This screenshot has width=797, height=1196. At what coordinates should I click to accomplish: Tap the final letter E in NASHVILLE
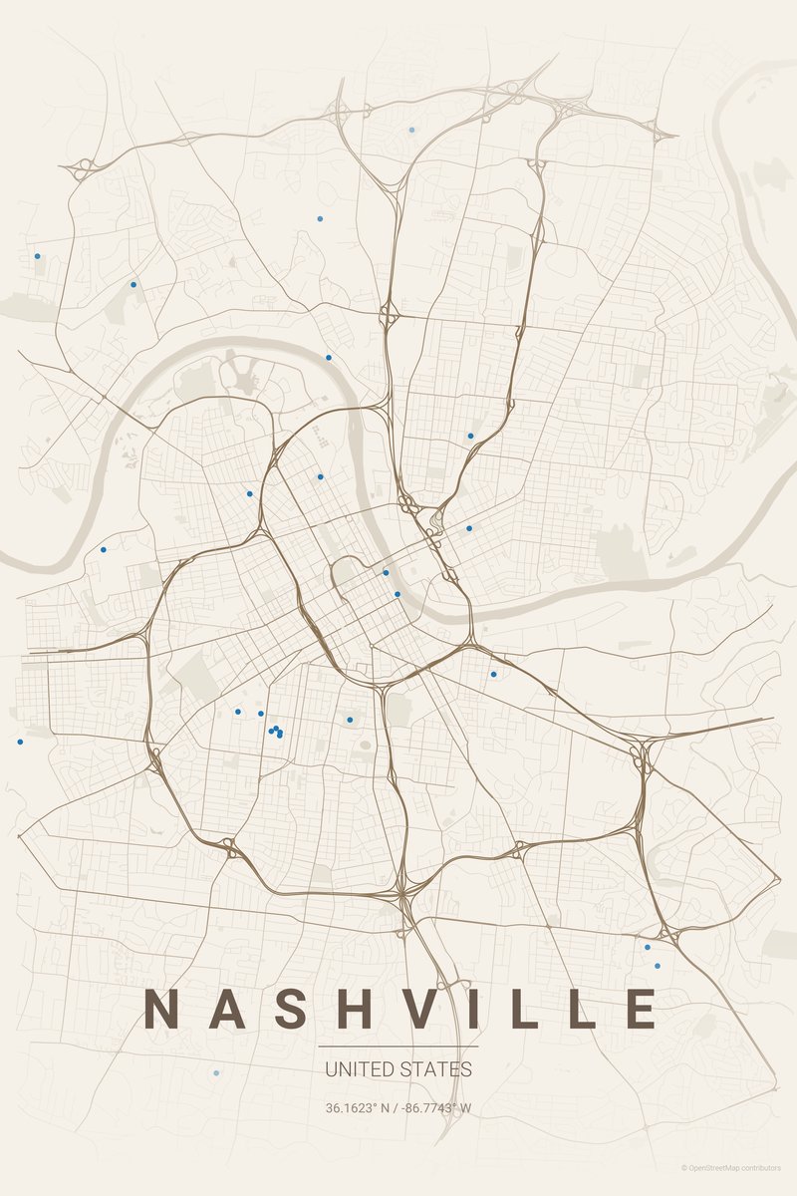pyautogui.click(x=640, y=1009)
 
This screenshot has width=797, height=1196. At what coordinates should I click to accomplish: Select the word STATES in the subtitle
pyautogui.click(x=434, y=1069)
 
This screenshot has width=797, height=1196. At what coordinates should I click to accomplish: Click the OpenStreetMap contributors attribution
pyautogui.click(x=738, y=1167)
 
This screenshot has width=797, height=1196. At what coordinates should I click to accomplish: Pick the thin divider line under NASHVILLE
pyautogui.click(x=398, y=1046)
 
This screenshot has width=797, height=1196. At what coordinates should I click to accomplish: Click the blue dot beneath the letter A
pyautogui.click(x=216, y=1073)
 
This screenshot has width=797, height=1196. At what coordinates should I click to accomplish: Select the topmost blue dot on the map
pyautogui.click(x=411, y=130)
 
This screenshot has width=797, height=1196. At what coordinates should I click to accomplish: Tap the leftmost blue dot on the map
pyautogui.click(x=19, y=742)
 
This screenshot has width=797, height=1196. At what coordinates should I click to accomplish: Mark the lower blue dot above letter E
pyautogui.click(x=657, y=966)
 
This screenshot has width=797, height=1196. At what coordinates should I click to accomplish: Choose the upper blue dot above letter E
pyautogui.click(x=648, y=947)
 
